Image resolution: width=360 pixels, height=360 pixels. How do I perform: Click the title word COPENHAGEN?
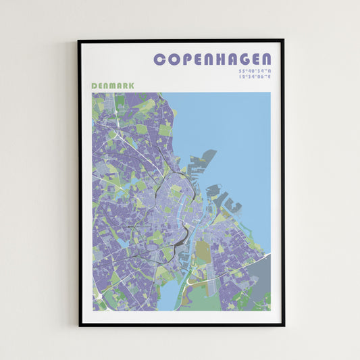pyautogui.click(x=213, y=59)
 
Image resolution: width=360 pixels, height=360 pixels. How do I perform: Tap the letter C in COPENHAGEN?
pyautogui.click(x=159, y=59)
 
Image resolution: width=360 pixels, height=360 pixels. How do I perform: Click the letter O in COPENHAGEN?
pyautogui.click(x=172, y=59)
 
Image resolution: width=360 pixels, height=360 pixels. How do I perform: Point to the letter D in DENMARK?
pyautogui.click(x=94, y=86)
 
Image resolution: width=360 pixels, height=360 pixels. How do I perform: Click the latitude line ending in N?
pyautogui.click(x=254, y=71)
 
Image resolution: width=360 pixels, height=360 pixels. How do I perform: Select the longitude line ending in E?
pyautogui.click(x=254, y=77)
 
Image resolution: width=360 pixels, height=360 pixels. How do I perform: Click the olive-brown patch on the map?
pyautogui.click(x=203, y=251)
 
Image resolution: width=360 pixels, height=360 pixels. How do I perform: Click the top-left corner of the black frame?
pyautogui.click(x=79, y=41)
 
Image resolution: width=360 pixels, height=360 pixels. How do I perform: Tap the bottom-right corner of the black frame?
pyautogui.click(x=283, y=326)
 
